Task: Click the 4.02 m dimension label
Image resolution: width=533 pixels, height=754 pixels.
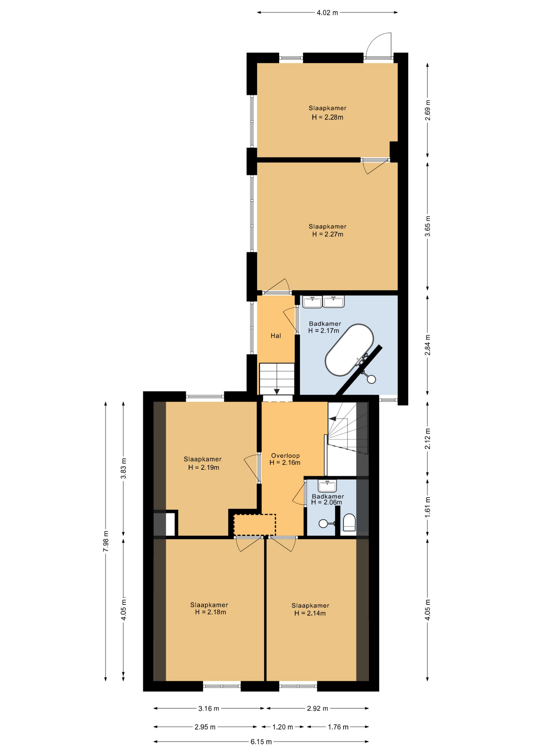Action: point(327,13)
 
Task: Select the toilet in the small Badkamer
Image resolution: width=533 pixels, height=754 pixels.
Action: point(349,523)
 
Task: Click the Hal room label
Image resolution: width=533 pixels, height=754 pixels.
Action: point(276,336)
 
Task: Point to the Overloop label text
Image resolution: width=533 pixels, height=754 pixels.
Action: point(285,456)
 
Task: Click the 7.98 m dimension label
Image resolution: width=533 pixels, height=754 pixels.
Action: point(106,541)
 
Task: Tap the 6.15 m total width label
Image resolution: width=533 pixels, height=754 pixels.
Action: point(261,742)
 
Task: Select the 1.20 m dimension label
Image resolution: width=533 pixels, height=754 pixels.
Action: point(283,727)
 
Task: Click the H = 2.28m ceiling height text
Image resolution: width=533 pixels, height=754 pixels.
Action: point(327,117)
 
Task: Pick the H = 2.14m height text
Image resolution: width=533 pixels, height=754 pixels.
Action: point(310,613)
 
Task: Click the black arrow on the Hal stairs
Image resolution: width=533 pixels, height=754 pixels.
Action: point(277,391)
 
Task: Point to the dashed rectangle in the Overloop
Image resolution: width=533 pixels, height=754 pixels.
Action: point(255,525)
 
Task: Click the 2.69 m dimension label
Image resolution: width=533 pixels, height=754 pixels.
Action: point(427,110)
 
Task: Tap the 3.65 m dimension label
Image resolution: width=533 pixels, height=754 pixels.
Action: point(427,226)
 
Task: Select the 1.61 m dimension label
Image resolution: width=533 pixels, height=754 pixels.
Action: point(427,507)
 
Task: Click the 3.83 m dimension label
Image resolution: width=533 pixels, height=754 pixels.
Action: point(123,469)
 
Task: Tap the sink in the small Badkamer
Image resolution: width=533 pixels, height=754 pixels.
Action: point(327,486)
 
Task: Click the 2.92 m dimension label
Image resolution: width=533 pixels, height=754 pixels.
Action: point(317,708)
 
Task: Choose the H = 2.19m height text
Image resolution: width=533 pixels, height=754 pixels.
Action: point(203,467)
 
